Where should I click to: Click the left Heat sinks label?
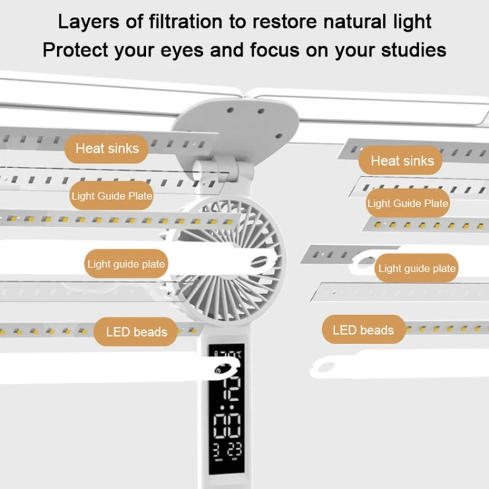tap(107, 149)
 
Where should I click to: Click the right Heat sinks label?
tap(402, 160)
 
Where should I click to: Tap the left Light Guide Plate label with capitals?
tap(111, 196)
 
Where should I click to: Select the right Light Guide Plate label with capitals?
tap(407, 203)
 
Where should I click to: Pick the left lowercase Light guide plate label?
tap(126, 265)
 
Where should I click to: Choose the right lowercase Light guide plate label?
tap(417, 268)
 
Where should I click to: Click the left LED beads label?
tap(136, 332)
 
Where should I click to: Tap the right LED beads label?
tap(363, 330)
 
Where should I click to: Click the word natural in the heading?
tap(351, 22)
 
